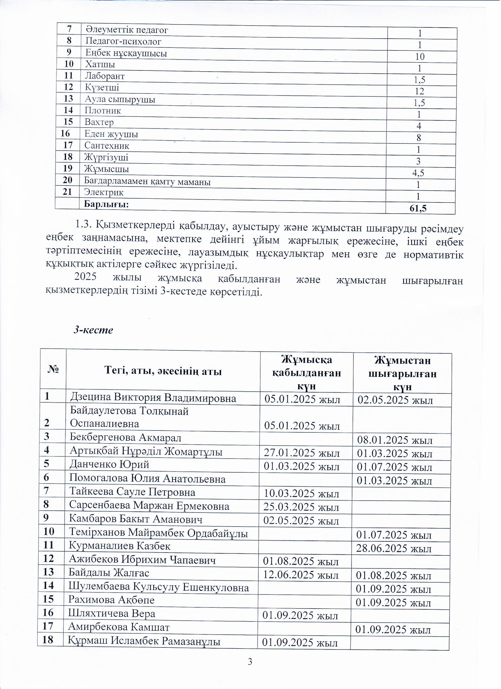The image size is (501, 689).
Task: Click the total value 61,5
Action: [x=418, y=208]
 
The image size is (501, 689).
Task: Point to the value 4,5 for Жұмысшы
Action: [x=418, y=173]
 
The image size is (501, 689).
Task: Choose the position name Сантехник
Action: [x=107, y=146]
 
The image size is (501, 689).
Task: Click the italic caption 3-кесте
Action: [x=93, y=330]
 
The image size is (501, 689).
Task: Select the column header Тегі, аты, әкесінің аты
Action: [x=163, y=371]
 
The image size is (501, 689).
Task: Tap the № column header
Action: [x=53, y=370]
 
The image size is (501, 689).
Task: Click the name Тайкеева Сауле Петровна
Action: [x=132, y=492]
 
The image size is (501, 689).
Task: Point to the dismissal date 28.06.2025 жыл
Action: [x=394, y=549]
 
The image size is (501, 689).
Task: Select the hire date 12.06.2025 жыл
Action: [x=301, y=575]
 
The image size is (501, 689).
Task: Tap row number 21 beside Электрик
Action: [x=67, y=192]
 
